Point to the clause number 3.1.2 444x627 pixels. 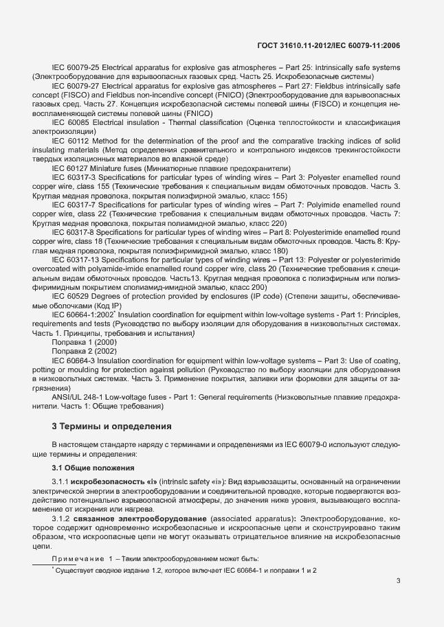coord(62,518)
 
